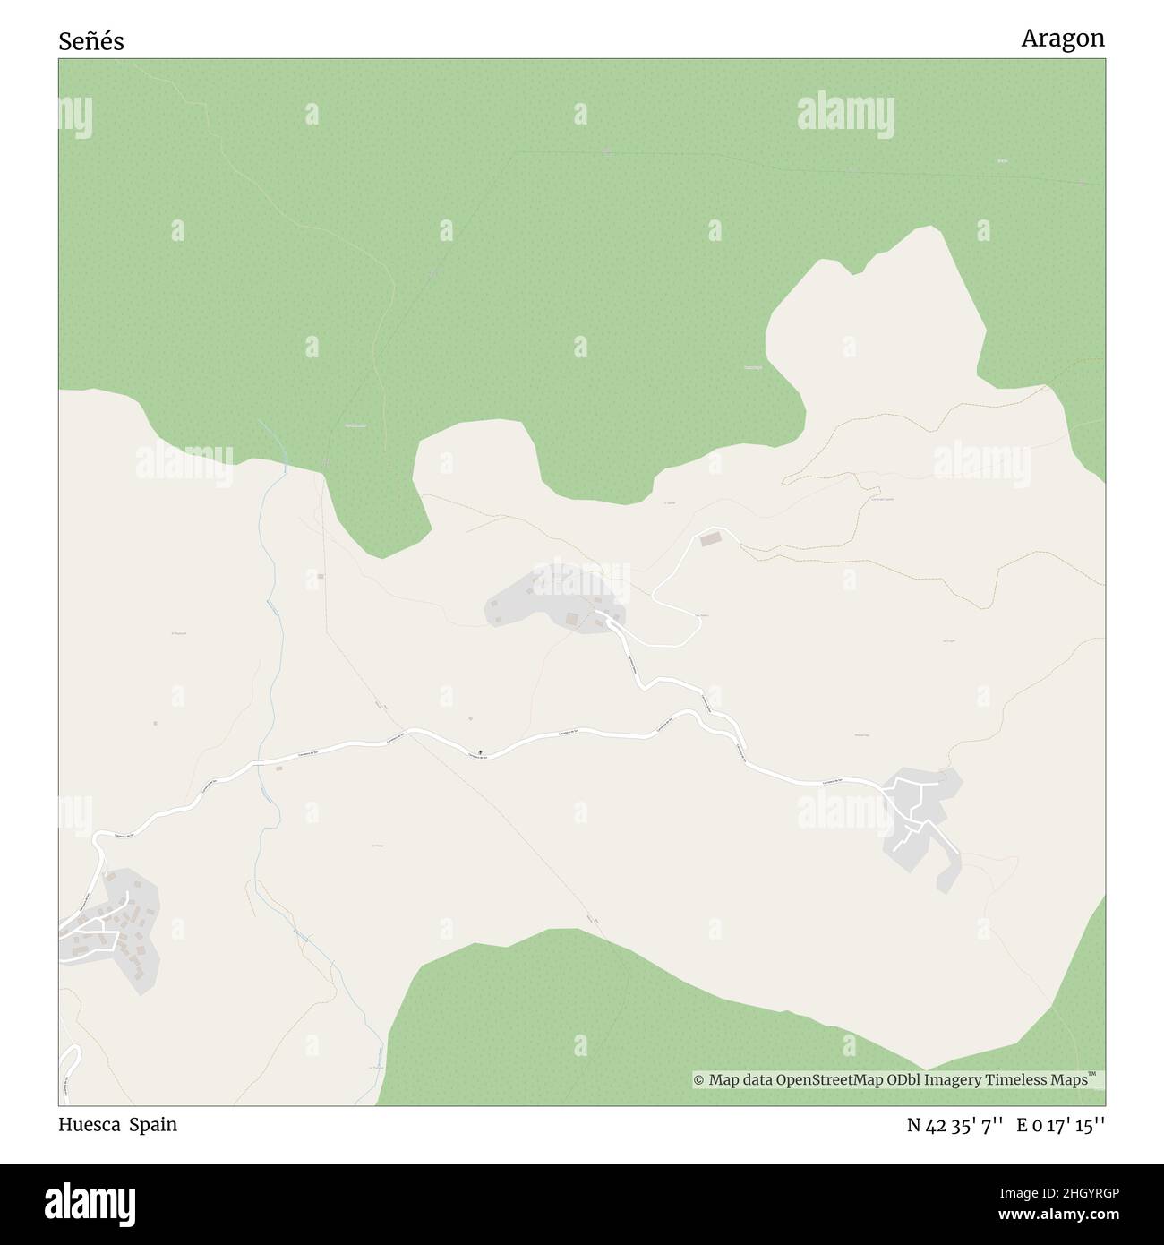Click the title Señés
click(x=91, y=41)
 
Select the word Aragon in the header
click(x=1063, y=39)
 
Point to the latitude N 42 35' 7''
click(x=956, y=1125)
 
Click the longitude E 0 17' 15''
click(x=1060, y=1125)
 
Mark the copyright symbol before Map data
click(x=699, y=1080)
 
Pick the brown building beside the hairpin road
click(x=710, y=539)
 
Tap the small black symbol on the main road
click(x=482, y=751)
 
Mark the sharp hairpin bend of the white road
click(x=655, y=592)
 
